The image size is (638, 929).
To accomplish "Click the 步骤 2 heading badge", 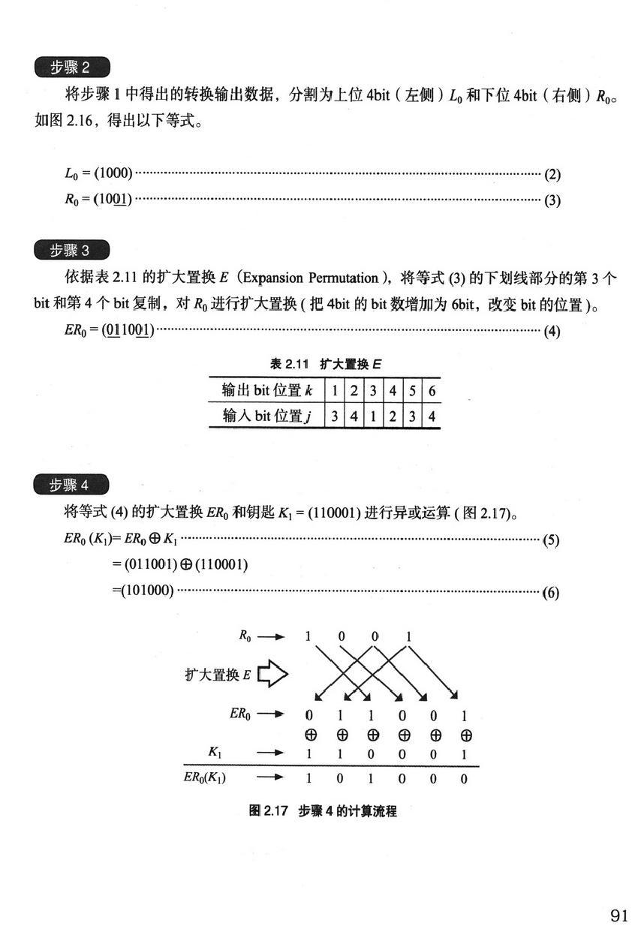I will pos(72,68).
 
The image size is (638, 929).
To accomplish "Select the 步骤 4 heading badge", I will pos(72,485).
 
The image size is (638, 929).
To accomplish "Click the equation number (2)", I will pos(552,175).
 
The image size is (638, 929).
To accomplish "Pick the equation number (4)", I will pos(552,330).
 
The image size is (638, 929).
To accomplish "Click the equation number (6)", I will pos(552,592).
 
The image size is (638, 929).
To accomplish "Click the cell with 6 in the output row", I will pos(431,391).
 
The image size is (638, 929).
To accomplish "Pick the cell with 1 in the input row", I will pos(372,416).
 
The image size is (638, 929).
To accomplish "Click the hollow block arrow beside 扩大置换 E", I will pos(273,675).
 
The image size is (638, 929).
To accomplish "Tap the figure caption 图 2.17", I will pos(323,811).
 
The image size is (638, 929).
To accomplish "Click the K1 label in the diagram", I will pos(218,752).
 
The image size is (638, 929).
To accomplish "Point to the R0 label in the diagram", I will pos(245,636).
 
